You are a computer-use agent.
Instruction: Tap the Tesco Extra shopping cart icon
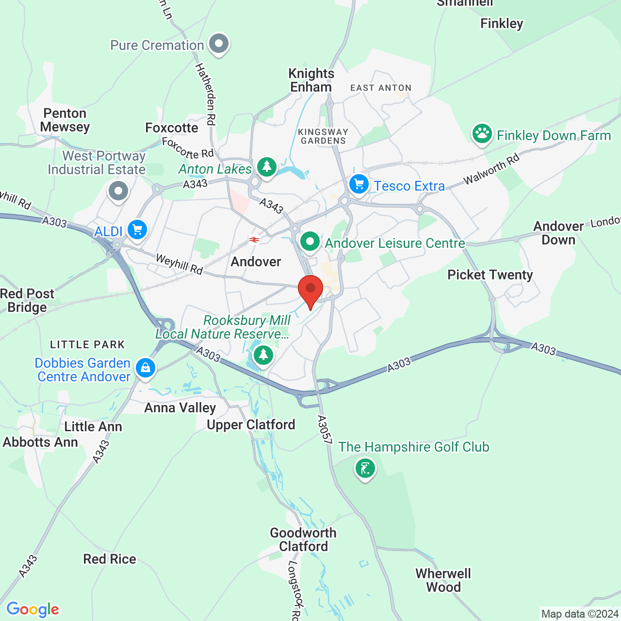[359, 185]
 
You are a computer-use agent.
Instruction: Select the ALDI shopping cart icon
[137, 229]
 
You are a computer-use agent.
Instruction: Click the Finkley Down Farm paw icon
[482, 134]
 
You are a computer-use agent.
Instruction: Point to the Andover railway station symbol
[253, 240]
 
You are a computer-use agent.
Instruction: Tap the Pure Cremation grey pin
[219, 44]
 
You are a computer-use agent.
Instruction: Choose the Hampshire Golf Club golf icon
[365, 469]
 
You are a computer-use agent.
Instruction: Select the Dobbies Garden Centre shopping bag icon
[145, 368]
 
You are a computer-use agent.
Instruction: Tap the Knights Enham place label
[311, 80]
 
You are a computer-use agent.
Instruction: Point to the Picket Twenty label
[490, 275]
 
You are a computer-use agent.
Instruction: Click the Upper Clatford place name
[251, 425]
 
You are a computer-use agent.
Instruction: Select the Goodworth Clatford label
[303, 539]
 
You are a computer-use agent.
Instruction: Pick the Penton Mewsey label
[65, 120]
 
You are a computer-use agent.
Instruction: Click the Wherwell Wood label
[443, 580]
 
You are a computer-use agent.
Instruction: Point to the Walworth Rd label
[491, 169]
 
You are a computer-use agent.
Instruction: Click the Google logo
[33, 609]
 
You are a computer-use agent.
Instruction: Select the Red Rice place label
[110, 559]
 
